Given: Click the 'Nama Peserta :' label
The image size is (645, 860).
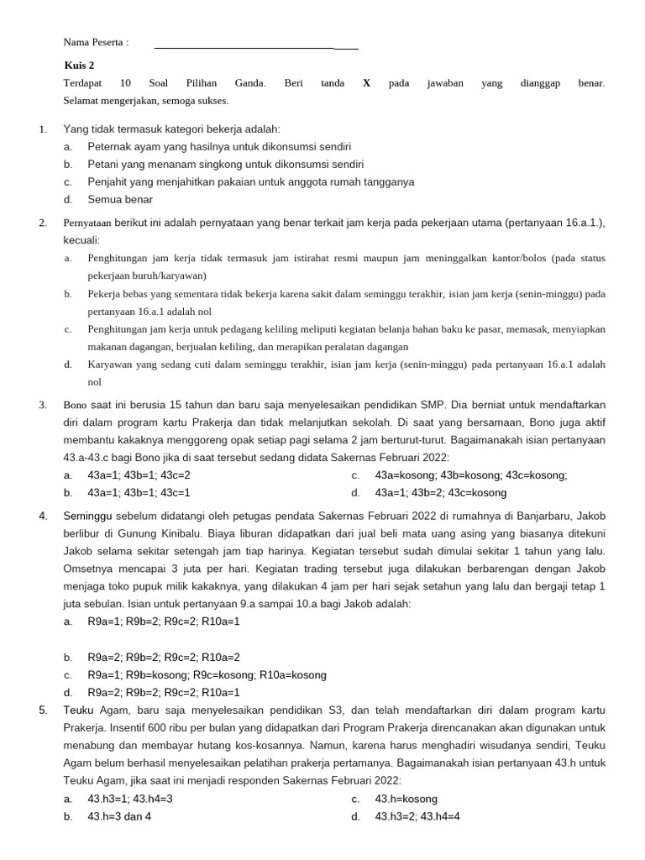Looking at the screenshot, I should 96,43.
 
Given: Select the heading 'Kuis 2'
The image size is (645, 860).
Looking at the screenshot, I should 79,65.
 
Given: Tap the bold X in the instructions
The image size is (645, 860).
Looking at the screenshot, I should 366,83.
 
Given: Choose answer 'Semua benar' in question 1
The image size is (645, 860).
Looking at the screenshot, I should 120,199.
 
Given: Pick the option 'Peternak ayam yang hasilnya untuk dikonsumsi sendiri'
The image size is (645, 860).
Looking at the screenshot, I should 219,146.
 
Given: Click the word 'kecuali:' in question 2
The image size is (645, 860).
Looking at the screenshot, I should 81,239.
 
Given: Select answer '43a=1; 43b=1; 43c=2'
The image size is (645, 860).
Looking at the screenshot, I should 139,475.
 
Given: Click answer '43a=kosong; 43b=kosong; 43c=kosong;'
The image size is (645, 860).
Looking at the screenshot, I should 470,475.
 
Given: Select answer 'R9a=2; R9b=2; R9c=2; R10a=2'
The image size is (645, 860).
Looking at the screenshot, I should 164,657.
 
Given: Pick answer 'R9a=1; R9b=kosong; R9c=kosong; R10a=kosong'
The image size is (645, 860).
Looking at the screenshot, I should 207,674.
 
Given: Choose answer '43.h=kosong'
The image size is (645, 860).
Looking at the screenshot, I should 406,799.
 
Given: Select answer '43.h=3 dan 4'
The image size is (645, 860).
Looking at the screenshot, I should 119,816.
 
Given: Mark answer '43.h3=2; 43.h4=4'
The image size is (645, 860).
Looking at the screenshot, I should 417,816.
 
